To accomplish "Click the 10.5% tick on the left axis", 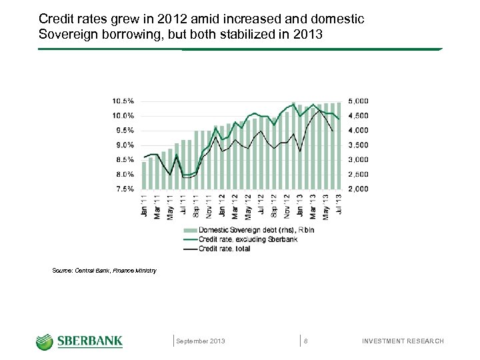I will (x=123, y=101).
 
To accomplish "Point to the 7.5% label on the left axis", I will (x=124, y=189).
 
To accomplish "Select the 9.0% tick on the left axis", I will (x=124, y=145).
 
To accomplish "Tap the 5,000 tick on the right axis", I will (x=358, y=101).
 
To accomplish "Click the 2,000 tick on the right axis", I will (x=358, y=189).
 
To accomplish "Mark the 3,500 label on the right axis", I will (x=358, y=145).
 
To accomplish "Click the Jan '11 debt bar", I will (x=144, y=175).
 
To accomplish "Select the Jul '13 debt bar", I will (x=340, y=145).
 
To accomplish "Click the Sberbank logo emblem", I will (x=45, y=341).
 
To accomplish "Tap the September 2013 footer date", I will (x=201, y=341).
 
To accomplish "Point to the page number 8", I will (x=305, y=341).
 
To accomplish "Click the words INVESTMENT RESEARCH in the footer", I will (x=402, y=341).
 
